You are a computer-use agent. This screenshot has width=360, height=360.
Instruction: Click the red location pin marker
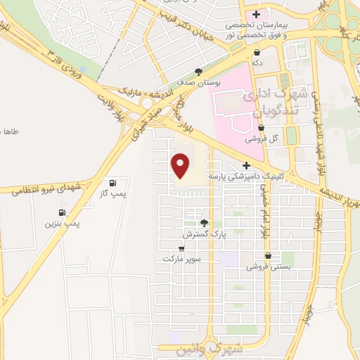[181, 165]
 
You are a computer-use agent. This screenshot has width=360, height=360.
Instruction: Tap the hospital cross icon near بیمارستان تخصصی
[257, 14]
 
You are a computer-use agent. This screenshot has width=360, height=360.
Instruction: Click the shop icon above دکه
[257, 52]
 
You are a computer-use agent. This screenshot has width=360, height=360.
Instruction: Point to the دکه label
[258, 63]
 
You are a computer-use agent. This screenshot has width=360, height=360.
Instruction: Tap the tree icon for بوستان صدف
[199, 71]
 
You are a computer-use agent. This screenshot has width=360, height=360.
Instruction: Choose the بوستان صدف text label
[198, 82]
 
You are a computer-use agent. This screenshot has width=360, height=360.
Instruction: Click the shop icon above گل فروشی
[262, 128]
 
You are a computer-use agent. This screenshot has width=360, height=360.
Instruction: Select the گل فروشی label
[262, 139]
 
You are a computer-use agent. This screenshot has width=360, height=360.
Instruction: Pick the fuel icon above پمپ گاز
[112, 181]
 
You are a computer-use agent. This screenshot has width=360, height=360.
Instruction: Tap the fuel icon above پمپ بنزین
[63, 212]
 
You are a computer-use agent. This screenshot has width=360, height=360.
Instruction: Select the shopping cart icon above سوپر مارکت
[182, 248]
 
